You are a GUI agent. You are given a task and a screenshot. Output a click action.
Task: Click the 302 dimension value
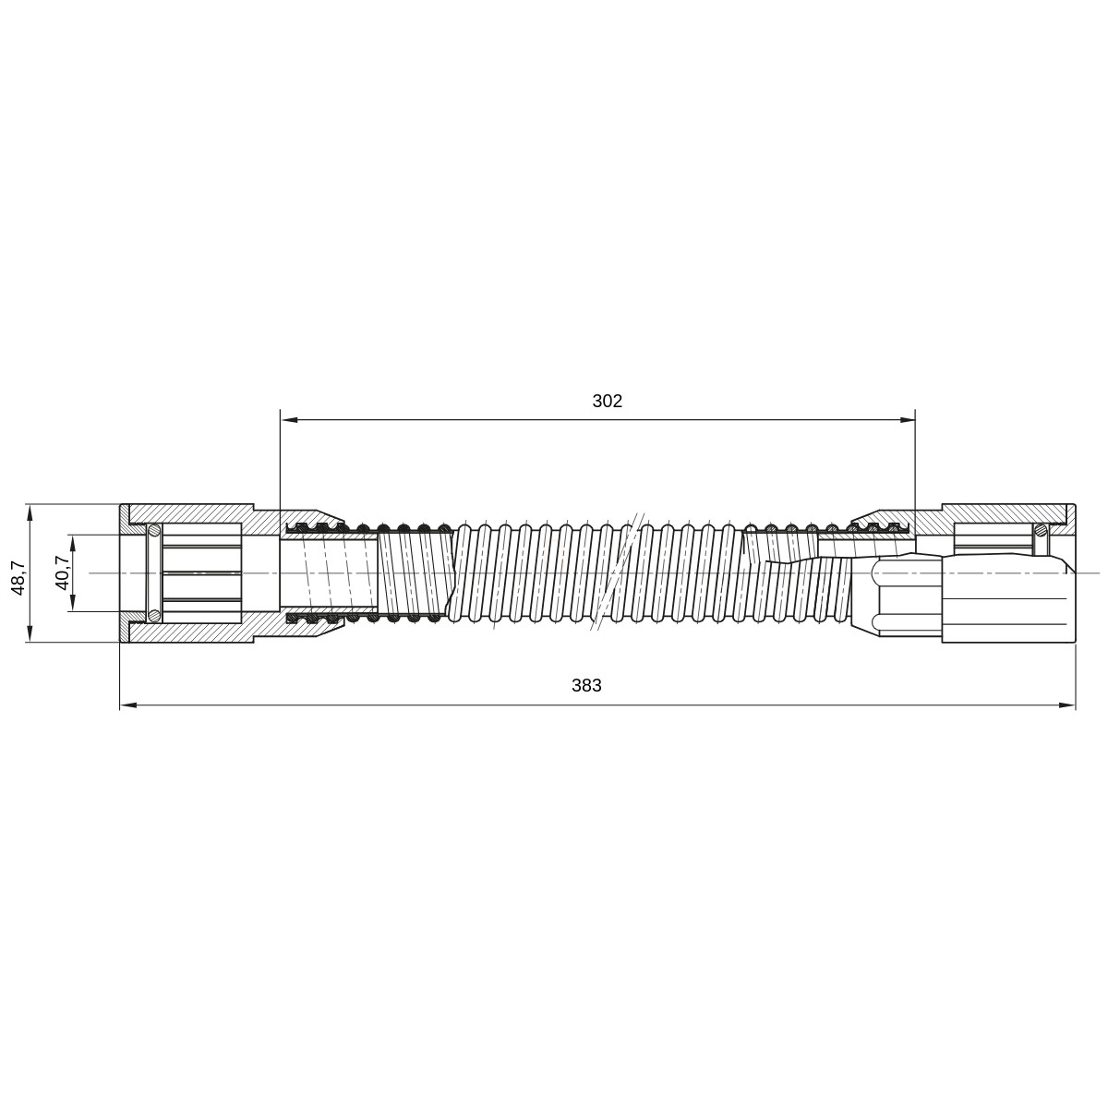(x=607, y=401)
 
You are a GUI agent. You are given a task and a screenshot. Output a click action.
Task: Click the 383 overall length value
(x=586, y=685)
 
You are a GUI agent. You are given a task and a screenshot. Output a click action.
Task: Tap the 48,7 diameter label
(x=18, y=578)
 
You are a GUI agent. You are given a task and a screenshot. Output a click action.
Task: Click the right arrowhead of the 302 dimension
(x=907, y=420)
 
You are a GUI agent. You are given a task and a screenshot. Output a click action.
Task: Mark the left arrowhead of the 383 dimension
(x=128, y=705)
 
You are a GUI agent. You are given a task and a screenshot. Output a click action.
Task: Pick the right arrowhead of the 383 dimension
(x=1066, y=705)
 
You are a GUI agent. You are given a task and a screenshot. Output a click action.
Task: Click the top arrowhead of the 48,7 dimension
(x=30, y=513)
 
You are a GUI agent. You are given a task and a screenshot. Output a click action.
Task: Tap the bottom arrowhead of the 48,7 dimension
(x=30, y=633)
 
